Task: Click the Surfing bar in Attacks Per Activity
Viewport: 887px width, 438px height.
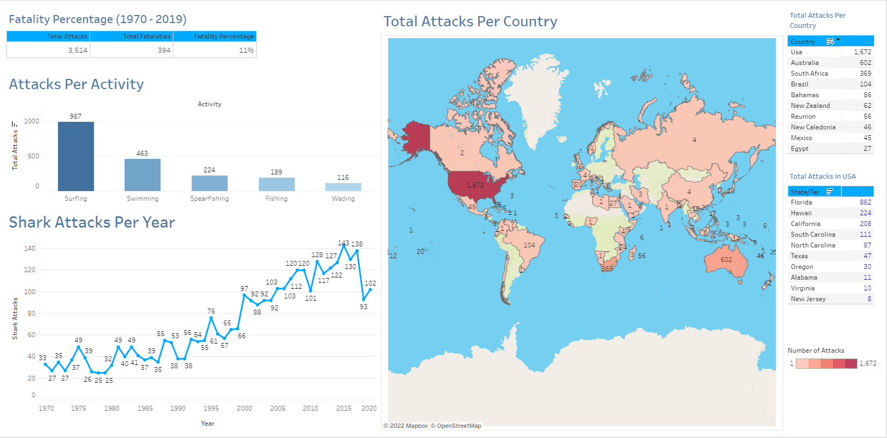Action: coord(76,156)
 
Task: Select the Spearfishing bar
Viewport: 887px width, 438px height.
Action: coord(209,183)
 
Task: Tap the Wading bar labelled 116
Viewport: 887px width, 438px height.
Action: coord(343,187)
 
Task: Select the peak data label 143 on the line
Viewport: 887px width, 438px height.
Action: coord(344,243)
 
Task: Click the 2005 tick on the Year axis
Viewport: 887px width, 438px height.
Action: coord(278,408)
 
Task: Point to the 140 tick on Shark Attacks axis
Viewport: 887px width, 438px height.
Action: coord(30,249)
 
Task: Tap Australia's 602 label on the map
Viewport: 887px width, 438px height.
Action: coord(726,260)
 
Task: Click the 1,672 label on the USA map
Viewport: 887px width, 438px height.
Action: coord(475,185)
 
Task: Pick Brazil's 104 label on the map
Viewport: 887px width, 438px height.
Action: coord(529,245)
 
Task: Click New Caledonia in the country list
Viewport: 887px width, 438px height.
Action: coord(813,127)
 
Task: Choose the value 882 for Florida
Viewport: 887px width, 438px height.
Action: coord(865,202)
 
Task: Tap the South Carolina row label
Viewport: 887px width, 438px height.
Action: coord(813,235)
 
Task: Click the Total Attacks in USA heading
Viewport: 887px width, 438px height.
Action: coord(823,176)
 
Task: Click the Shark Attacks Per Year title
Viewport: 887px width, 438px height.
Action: coord(92,222)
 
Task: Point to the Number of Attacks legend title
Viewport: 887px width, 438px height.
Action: coord(816,351)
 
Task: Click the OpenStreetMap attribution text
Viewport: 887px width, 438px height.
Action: coord(459,426)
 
